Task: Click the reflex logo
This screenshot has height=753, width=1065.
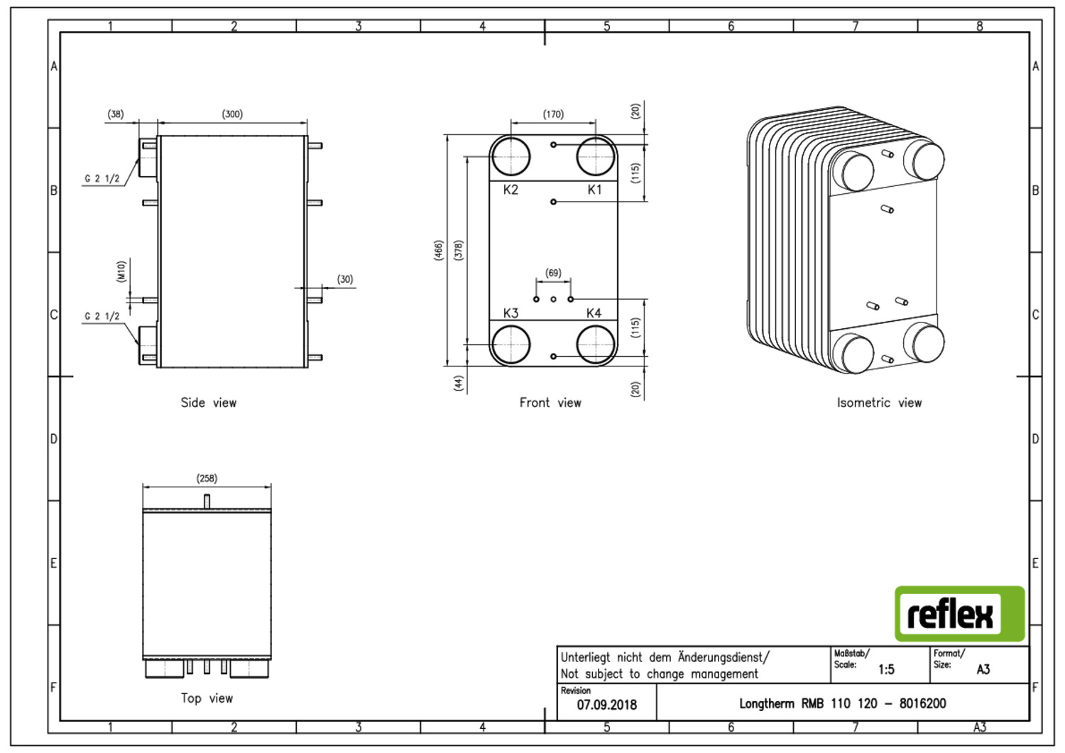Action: pyautogui.click(x=959, y=614)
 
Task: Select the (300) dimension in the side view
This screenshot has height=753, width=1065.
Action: pyautogui.click(x=232, y=114)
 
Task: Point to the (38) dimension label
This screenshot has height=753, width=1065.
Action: pyautogui.click(x=116, y=114)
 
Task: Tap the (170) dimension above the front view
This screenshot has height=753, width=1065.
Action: pyautogui.click(x=553, y=114)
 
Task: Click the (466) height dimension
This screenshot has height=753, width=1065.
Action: pyautogui.click(x=438, y=250)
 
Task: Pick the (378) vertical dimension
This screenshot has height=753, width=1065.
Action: pyautogui.click(x=459, y=250)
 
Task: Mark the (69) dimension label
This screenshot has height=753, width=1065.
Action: pyautogui.click(x=553, y=273)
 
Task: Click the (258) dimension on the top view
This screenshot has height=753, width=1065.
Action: pyautogui.click(x=207, y=478)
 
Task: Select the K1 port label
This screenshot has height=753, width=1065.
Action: pyautogui.click(x=594, y=190)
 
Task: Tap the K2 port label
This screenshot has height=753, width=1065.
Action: pyautogui.click(x=510, y=190)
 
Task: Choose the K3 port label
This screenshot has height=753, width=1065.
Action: pyautogui.click(x=510, y=313)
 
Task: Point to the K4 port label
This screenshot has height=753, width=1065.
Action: pyautogui.click(x=594, y=313)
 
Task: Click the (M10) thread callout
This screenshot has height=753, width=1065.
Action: pyautogui.click(x=121, y=271)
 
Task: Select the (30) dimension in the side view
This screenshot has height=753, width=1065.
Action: pyautogui.click(x=345, y=279)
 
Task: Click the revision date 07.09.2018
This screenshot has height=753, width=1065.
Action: pyautogui.click(x=606, y=705)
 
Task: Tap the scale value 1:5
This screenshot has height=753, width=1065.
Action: pyautogui.click(x=886, y=670)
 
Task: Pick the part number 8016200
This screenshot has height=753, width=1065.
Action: pyautogui.click(x=922, y=703)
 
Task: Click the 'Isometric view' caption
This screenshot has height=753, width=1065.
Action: pyautogui.click(x=879, y=403)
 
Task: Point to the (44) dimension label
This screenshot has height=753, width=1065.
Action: pyautogui.click(x=459, y=384)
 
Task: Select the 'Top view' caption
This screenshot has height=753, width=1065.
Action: pyautogui.click(x=207, y=698)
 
